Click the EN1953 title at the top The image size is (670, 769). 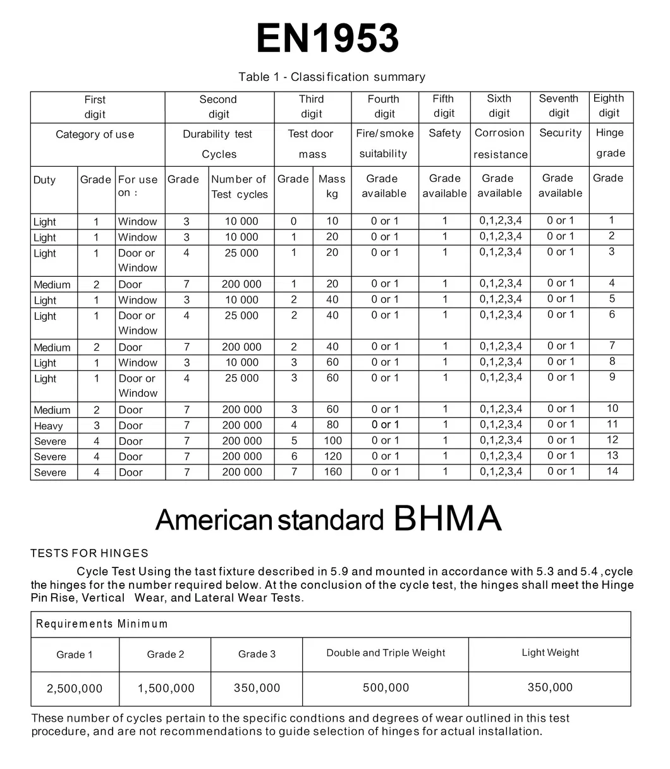327,39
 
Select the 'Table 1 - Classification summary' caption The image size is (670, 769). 331,77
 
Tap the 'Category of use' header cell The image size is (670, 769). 95,135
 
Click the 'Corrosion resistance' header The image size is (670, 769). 500,143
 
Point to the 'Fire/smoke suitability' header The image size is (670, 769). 384,143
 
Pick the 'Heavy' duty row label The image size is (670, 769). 49,426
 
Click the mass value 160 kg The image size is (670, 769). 332,472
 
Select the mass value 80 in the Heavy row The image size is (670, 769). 332,425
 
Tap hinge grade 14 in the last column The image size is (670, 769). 612,471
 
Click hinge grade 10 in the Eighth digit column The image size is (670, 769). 612,409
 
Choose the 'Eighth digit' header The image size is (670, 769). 609,106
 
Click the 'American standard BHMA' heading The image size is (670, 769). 328,519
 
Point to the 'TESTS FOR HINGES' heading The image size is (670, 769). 89,554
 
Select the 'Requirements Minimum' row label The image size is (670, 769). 102,624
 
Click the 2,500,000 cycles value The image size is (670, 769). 75,689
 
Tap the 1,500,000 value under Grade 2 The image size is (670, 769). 166,689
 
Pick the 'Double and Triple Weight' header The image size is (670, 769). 386,653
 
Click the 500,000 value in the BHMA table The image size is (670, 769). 386,688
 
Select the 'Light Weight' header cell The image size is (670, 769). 550,653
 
